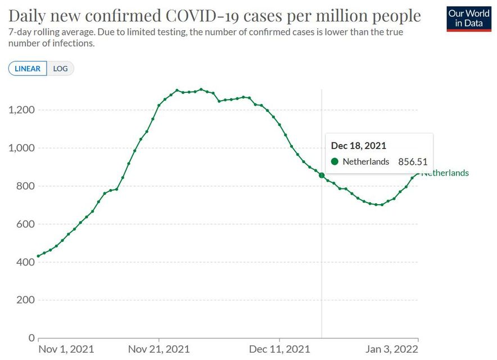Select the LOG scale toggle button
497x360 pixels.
(x=60, y=69)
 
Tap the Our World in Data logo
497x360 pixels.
(x=468, y=19)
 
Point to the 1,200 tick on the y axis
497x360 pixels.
(x=20, y=110)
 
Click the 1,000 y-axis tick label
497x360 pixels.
(x=20, y=148)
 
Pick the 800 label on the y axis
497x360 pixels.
(x=24, y=186)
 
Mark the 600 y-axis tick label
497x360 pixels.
(x=24, y=224)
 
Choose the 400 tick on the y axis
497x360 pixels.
(x=24, y=262)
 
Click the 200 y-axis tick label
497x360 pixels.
(x=24, y=300)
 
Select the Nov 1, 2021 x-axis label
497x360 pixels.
(x=66, y=349)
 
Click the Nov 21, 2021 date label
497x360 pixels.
(x=159, y=349)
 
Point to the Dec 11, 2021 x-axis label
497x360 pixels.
(x=279, y=349)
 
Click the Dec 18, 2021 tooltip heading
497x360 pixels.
(x=358, y=146)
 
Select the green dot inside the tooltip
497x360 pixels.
(x=335, y=161)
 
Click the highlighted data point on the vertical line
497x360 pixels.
(x=322, y=175)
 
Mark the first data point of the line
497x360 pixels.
(x=38, y=256)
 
